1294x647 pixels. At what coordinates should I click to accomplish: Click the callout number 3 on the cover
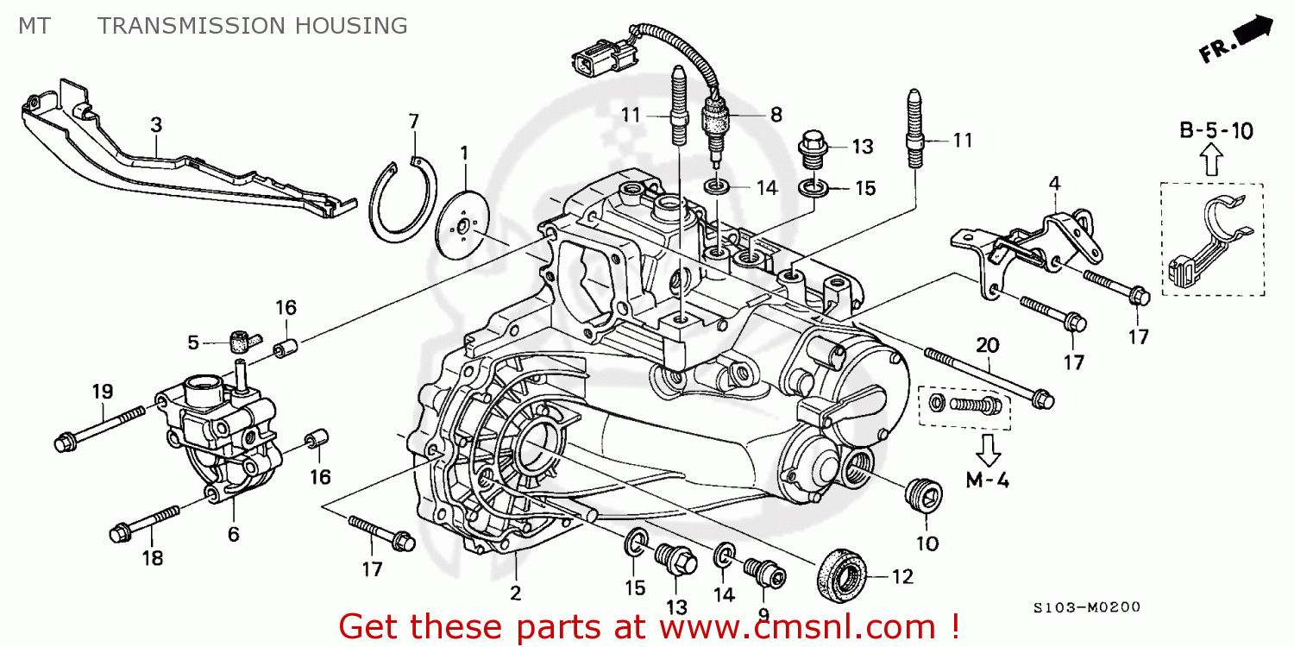point(156,125)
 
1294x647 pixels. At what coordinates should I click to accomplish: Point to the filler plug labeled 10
point(926,499)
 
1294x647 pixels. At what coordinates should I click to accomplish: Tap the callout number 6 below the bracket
point(233,534)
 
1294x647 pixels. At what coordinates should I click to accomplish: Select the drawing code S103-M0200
point(1086,607)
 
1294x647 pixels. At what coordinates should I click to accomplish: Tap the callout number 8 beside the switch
point(776,113)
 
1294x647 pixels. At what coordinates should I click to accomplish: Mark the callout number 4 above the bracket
point(1054,183)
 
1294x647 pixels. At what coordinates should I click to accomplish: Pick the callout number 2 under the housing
point(515,592)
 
